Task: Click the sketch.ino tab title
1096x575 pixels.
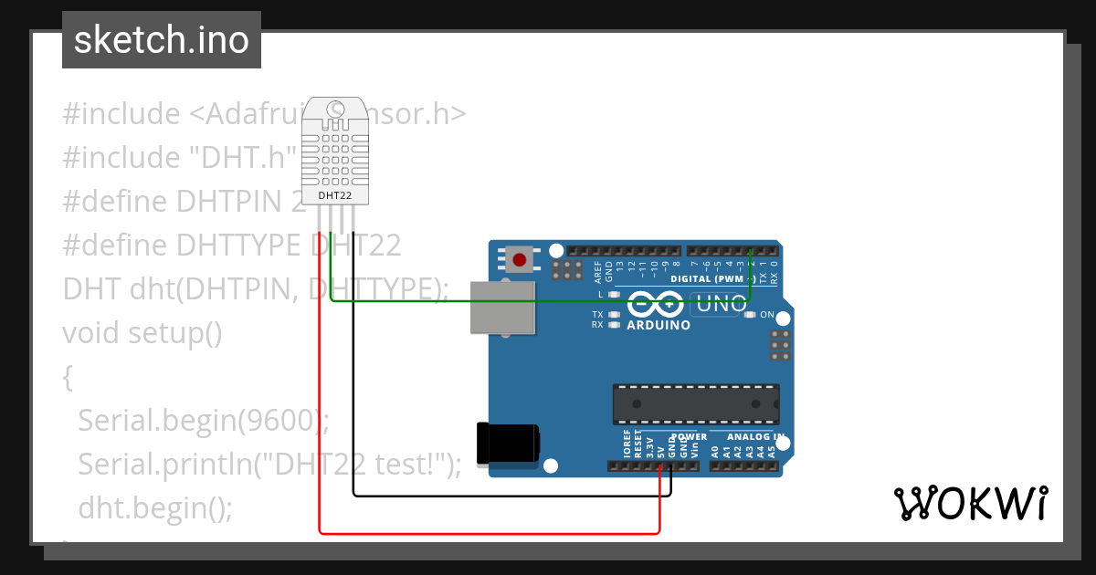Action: click(x=162, y=40)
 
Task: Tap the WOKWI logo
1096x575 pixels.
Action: click(x=970, y=503)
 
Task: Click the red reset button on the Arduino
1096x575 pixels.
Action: click(x=520, y=260)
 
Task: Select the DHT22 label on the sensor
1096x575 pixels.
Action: click(x=334, y=195)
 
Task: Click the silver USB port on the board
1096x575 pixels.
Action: click(x=501, y=307)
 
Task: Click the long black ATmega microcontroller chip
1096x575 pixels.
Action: click(x=695, y=404)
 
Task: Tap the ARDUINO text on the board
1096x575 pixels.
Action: click(x=659, y=324)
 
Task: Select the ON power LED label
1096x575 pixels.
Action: click(x=766, y=315)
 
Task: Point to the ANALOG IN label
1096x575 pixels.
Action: click(x=754, y=437)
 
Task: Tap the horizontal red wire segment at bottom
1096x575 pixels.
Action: click(x=489, y=532)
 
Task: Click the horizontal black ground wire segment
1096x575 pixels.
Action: click(x=511, y=496)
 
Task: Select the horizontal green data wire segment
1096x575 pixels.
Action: click(x=539, y=301)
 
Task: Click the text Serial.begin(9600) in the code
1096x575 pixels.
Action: click(x=198, y=420)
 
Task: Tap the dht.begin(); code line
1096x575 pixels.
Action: click(x=155, y=507)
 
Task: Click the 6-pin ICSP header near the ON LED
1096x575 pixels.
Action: click(x=780, y=346)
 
